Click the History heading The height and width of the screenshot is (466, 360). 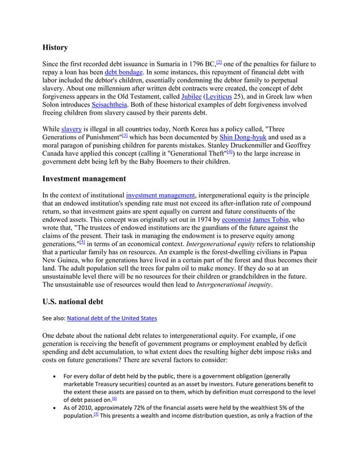55,47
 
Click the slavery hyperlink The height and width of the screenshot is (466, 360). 71,129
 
